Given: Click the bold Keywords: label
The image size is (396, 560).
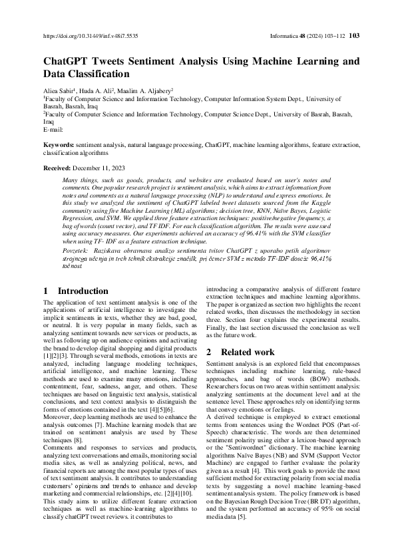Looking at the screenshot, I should tap(59, 144).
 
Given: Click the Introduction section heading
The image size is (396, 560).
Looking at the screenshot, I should tap(83, 291).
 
